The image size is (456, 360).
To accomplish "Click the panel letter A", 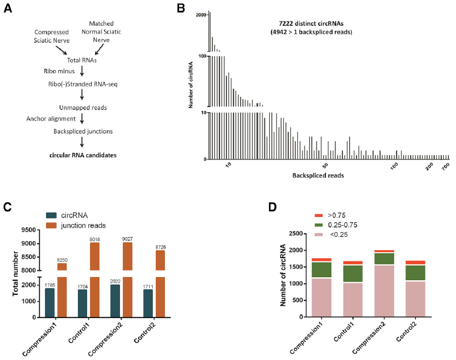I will pyautogui.click(x=8, y=9).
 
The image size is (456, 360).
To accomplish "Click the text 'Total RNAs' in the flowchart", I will pyautogui.click(x=82, y=60).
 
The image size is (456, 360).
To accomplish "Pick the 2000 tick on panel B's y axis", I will pyautogui.click(x=200, y=15).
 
